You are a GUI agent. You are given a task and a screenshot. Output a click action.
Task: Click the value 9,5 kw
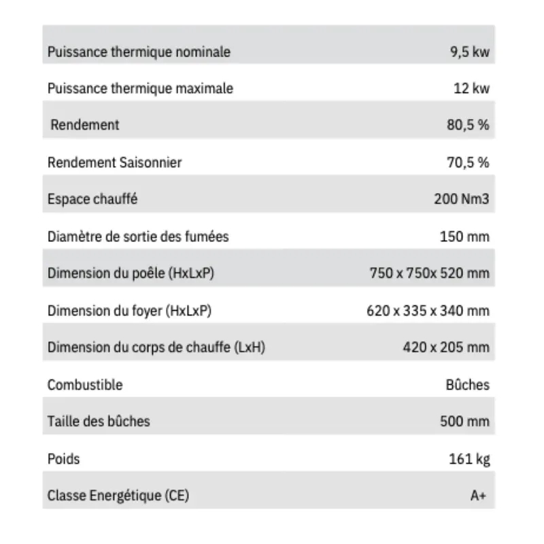click(x=469, y=52)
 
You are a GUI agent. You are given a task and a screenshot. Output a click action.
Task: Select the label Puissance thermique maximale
click(x=140, y=88)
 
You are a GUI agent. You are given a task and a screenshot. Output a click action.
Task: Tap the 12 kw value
click(x=471, y=88)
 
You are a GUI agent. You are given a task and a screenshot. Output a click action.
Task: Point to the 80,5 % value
click(x=468, y=125)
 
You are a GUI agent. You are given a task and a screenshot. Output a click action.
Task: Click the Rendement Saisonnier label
click(x=114, y=163)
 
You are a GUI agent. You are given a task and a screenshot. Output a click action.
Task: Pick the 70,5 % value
click(x=468, y=163)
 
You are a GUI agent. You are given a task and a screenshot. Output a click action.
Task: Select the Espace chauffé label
click(x=93, y=199)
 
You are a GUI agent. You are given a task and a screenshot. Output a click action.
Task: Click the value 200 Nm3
click(x=461, y=199)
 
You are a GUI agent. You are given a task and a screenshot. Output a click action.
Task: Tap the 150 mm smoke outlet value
click(x=464, y=237)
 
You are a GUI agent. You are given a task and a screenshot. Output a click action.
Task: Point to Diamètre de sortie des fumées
click(x=138, y=237)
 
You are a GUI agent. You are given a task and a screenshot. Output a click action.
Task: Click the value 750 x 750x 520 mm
click(x=429, y=273)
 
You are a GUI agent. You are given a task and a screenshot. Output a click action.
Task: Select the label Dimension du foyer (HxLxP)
click(x=129, y=311)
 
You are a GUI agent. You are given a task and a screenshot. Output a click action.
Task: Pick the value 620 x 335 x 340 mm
click(x=428, y=311)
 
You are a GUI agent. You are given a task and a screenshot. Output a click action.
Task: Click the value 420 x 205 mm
click(x=445, y=347)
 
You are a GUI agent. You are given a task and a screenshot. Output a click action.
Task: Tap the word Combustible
click(x=85, y=385)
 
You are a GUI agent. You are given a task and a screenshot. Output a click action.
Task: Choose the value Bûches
click(x=467, y=385)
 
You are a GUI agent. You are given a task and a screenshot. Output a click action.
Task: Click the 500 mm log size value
click(x=464, y=422)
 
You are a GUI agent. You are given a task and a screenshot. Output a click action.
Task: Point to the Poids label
click(x=63, y=459)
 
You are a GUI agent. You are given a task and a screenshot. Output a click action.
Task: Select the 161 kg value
click(x=469, y=459)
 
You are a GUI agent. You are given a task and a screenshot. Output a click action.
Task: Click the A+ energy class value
click(x=478, y=496)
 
